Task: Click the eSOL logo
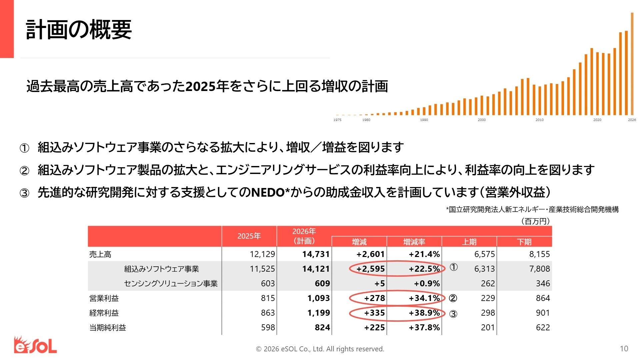click(35, 345)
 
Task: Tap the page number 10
click(624, 349)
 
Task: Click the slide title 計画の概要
click(79, 30)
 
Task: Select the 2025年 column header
click(249, 236)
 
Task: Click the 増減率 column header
click(414, 242)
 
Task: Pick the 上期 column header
click(469, 242)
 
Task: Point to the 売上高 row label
click(100, 254)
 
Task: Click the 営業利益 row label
click(104, 298)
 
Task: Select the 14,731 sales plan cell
click(316, 254)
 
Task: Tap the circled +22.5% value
click(424, 269)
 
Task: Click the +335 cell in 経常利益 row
click(374, 313)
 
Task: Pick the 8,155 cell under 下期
click(539, 254)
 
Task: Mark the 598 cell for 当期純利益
click(268, 328)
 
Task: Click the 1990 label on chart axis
click(424, 120)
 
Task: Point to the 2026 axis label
click(632, 120)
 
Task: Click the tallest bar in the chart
click(632, 63)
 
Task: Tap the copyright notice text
click(320, 349)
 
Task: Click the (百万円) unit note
click(535, 221)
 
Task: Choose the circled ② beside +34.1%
click(453, 298)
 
